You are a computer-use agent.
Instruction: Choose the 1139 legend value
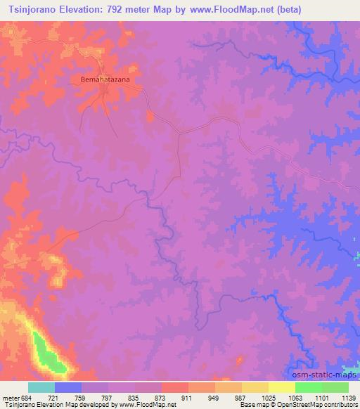coord(348,397)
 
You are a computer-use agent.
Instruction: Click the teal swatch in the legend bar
coord(41,387)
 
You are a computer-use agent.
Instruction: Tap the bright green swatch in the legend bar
coord(309,387)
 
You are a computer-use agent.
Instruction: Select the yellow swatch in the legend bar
coord(282,387)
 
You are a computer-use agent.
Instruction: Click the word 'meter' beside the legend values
coord(10,397)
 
